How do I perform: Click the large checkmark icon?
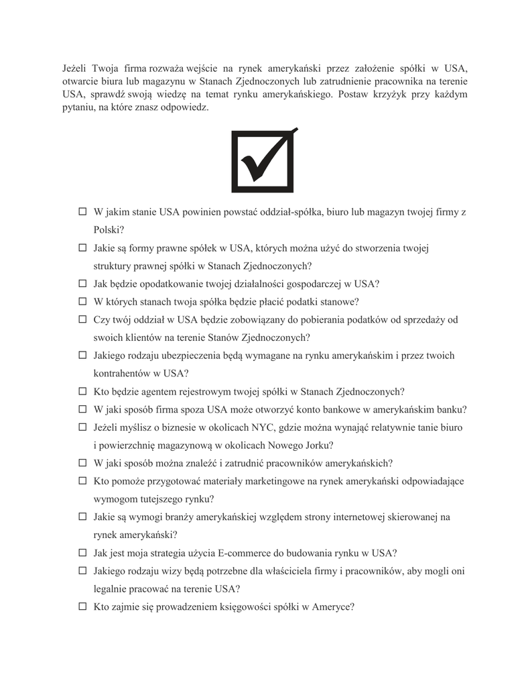pos(263,160)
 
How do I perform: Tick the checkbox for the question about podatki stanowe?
pos(83,302)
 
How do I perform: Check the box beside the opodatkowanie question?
pos(83,284)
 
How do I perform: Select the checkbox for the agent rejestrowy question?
pos(83,392)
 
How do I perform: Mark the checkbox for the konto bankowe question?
pos(83,409)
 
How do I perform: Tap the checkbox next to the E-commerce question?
pos(83,553)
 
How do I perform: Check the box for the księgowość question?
pos(83,607)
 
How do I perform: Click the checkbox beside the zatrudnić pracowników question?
pos(83,464)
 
